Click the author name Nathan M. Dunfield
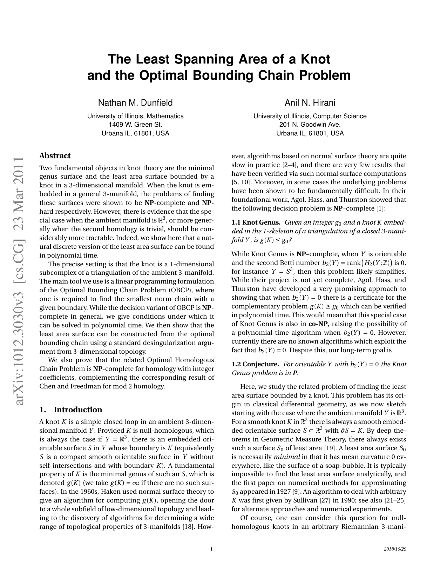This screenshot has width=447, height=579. pyautogui.click(x=135, y=103)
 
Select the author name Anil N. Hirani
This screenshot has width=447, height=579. pyautogui.click(x=310, y=103)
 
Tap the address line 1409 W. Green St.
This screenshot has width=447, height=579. pyautogui.click(x=135, y=125)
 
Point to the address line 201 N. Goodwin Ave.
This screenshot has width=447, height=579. pyautogui.click(x=310, y=125)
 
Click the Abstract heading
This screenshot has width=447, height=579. pyautogui.click(x=55, y=156)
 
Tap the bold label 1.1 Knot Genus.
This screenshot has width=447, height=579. pyautogui.click(x=256, y=223)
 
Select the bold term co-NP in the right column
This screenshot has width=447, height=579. pyautogui.click(x=318, y=324)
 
